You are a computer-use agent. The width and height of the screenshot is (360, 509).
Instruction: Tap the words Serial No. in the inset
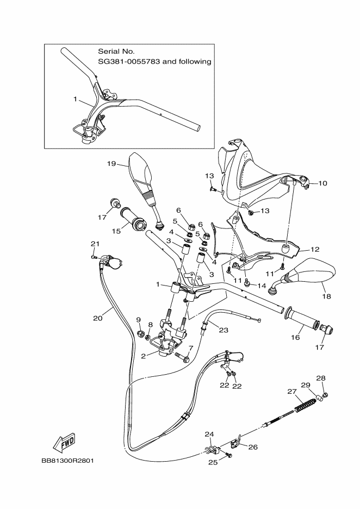pyautogui.click(x=116, y=51)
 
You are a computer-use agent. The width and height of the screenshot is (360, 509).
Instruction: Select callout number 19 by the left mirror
pyautogui.click(x=111, y=163)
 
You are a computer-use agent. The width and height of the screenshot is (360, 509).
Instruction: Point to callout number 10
pyautogui.click(x=322, y=183)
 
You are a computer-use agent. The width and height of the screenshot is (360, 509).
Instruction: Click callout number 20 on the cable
pyautogui.click(x=98, y=318)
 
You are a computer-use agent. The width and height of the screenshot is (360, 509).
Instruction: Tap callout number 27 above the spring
pyautogui.click(x=291, y=391)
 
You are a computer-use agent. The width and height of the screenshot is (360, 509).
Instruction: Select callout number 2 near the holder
pyautogui.click(x=143, y=356)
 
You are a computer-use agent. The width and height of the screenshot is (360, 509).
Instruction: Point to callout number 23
pyautogui.click(x=224, y=328)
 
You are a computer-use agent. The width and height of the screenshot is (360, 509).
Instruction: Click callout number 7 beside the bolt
pyautogui.click(x=190, y=347)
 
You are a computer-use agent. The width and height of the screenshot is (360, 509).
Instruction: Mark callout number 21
pyautogui.click(x=95, y=243)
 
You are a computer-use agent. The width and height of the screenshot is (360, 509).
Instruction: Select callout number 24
pyautogui.click(x=209, y=434)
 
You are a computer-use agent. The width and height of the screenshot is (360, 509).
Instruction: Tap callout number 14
pyautogui.click(x=262, y=285)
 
